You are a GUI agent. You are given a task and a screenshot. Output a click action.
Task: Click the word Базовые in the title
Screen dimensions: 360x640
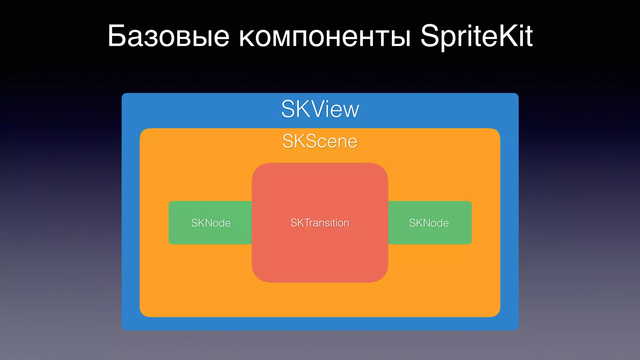[169, 37]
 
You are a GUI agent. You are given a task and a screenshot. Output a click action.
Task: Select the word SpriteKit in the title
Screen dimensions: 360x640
[476, 37]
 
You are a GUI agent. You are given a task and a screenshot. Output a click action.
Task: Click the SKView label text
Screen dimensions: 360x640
[320, 109]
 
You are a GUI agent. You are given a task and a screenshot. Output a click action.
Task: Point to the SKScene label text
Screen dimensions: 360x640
[320, 141]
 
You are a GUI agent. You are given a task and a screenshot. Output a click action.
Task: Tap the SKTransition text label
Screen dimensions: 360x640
[320, 223]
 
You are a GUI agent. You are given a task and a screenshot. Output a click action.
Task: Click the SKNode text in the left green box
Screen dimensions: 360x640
[211, 223]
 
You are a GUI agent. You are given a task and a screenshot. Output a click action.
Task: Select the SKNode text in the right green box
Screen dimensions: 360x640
[429, 223]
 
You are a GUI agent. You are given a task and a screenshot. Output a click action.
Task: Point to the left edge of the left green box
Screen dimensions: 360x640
[169, 223]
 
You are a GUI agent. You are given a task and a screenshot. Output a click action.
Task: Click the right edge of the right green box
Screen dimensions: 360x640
[471, 223]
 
